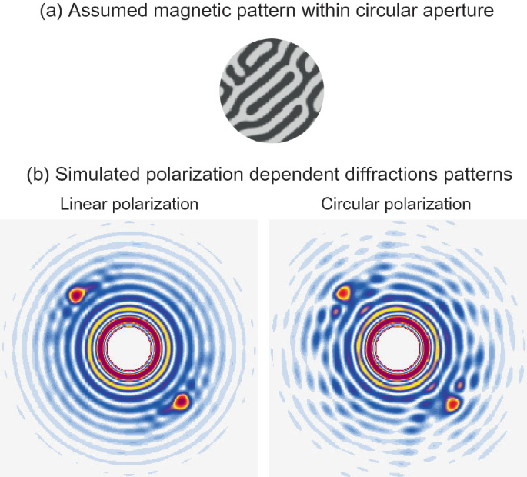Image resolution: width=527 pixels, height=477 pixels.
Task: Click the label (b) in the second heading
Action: [x=40, y=175]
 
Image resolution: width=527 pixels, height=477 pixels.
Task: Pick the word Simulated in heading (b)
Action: [x=92, y=175]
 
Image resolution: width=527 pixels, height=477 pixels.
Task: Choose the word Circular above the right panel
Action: [x=348, y=205]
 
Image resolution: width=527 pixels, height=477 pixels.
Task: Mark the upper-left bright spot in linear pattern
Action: [x=77, y=294]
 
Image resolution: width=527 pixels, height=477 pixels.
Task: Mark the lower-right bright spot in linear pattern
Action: [x=182, y=401]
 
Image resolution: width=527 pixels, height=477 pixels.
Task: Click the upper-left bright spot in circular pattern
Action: [x=343, y=292]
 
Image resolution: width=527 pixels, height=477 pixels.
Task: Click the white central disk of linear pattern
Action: [x=129, y=349]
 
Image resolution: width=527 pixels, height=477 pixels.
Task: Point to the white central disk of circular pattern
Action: [x=396, y=348]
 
